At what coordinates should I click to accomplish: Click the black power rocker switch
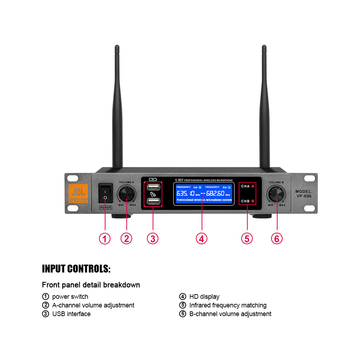105,194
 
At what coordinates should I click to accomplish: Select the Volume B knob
277,194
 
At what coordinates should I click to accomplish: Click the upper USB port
153,187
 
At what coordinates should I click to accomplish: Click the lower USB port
153,202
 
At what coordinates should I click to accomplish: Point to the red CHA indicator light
253,186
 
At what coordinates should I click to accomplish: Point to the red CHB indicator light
253,201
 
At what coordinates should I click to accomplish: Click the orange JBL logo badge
78,193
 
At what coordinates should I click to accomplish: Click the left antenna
117,108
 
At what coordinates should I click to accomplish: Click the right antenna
265,108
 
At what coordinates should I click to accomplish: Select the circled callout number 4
202,238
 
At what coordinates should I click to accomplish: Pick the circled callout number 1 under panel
105,238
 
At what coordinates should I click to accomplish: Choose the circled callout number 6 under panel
277,238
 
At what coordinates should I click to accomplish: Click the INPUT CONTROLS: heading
76,269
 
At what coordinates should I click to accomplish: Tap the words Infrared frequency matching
228,305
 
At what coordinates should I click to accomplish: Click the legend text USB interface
71,314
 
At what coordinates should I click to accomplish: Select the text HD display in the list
204,297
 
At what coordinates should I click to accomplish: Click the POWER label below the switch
105,208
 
